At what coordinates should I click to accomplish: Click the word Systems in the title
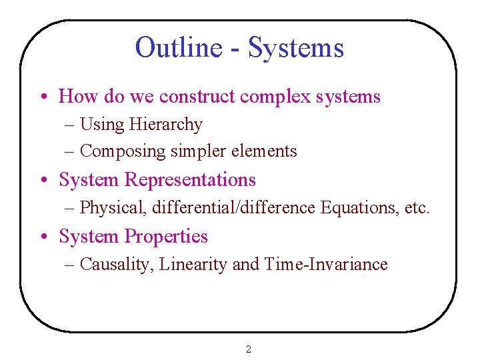(296, 47)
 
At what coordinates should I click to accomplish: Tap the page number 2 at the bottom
(249, 349)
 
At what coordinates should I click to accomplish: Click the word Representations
(190, 180)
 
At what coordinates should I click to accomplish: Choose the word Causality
(115, 265)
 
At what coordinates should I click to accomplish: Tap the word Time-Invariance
(325, 265)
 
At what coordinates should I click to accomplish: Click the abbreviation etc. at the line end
(417, 208)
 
